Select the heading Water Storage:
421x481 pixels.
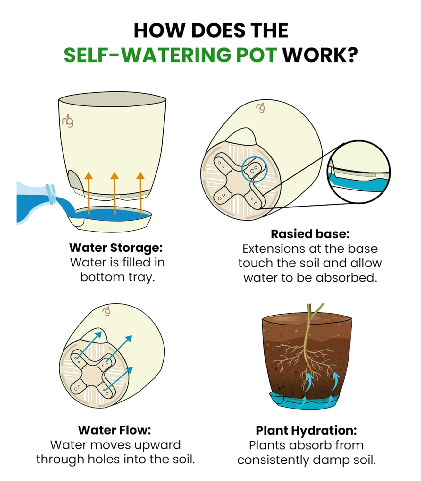click(x=116, y=248)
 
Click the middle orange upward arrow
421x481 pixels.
click(x=114, y=193)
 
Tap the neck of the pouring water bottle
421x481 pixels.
click(x=51, y=193)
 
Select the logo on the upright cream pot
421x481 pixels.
click(x=68, y=121)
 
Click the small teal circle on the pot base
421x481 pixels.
click(x=254, y=170)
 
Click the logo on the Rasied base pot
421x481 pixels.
click(x=261, y=107)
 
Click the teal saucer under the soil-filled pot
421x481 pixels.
click(x=305, y=401)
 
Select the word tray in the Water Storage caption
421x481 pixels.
click(x=141, y=277)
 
